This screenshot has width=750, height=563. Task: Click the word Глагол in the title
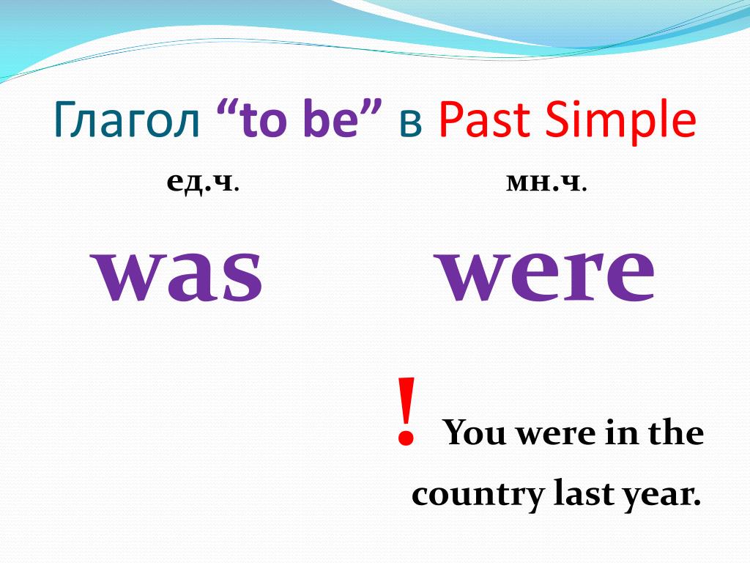click(126, 119)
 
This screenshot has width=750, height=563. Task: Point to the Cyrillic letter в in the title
click(410, 123)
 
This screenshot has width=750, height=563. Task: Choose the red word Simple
click(620, 119)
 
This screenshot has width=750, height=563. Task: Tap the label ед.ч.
click(203, 183)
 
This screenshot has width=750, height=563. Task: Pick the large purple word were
click(546, 275)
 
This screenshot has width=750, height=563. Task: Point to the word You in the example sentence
click(474, 433)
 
